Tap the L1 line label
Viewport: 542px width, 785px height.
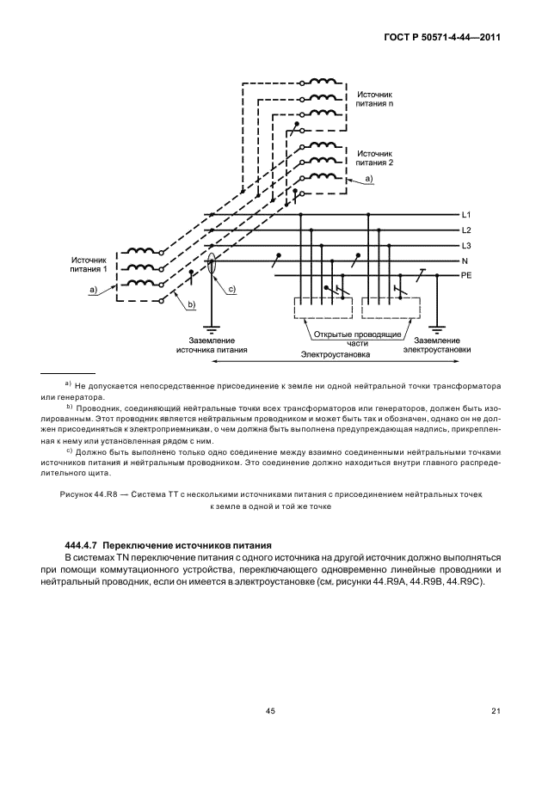(x=466, y=214)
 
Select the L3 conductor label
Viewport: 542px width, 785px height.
(x=466, y=246)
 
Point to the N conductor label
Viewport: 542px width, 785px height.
(x=465, y=261)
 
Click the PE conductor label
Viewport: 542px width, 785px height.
(x=467, y=277)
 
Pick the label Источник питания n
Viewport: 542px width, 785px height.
(x=374, y=97)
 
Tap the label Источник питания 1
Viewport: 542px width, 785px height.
(x=89, y=263)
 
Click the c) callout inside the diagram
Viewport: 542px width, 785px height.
(x=231, y=290)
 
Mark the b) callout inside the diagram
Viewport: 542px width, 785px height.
(x=192, y=304)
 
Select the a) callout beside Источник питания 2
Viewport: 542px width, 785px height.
(x=369, y=177)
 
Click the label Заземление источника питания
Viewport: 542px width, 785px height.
(x=211, y=346)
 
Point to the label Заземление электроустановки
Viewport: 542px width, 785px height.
(x=437, y=346)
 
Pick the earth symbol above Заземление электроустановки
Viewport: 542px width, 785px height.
(x=437, y=329)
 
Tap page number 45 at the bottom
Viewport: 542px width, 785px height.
(x=270, y=710)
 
